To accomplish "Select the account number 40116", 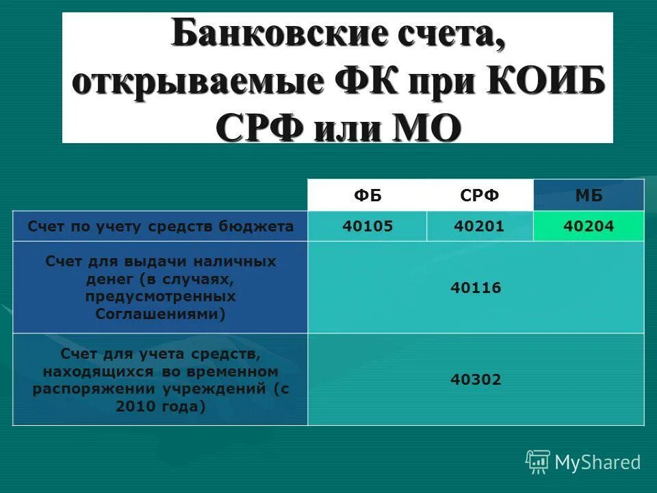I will pos(476,288).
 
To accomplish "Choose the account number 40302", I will pos(476,379).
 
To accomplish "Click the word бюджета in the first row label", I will pos(263,227).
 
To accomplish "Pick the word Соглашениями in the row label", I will pos(160,314).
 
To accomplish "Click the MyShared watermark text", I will pos(597,462).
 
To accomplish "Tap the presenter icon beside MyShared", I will pos(538,462).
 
